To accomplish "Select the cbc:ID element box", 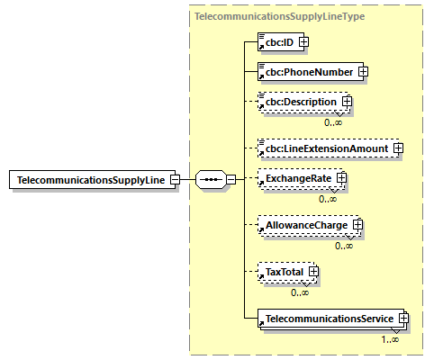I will (278, 41).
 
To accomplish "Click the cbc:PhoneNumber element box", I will (306, 71).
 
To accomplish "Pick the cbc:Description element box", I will (298, 103).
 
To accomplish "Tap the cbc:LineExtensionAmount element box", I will (324, 148).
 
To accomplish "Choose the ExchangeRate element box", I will (296, 179).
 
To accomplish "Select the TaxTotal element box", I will (284, 270).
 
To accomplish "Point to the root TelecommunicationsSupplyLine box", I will (89, 180).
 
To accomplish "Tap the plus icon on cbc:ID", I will (303, 41).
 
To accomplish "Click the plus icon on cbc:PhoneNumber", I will (363, 71).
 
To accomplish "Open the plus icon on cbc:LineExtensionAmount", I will (396, 148).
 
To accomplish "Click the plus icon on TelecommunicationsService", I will (403, 318).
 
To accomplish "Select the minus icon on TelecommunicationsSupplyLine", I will (175, 180).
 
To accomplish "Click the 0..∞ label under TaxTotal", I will (300, 292).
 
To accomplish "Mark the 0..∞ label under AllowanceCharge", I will (344, 245).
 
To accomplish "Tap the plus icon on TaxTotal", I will (313, 270).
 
